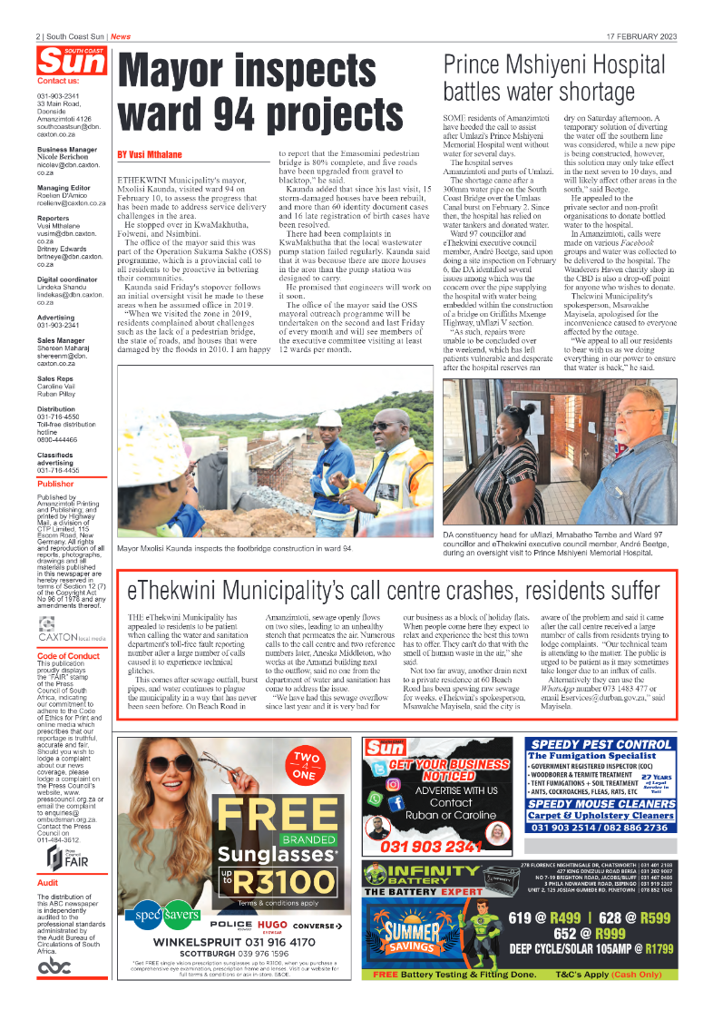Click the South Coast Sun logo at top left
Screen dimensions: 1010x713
[71, 61]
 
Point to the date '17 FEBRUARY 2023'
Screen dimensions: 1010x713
[641, 37]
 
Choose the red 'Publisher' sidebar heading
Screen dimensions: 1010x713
[56, 484]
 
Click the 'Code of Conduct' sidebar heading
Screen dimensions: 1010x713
[69, 655]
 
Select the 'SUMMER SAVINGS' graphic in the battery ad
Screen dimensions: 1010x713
[414, 939]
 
